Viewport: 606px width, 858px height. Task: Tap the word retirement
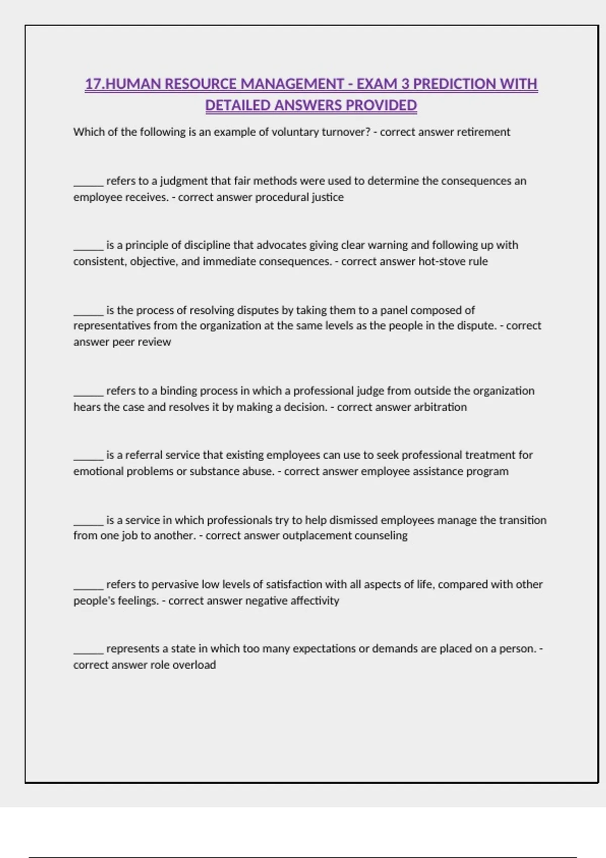(483, 132)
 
